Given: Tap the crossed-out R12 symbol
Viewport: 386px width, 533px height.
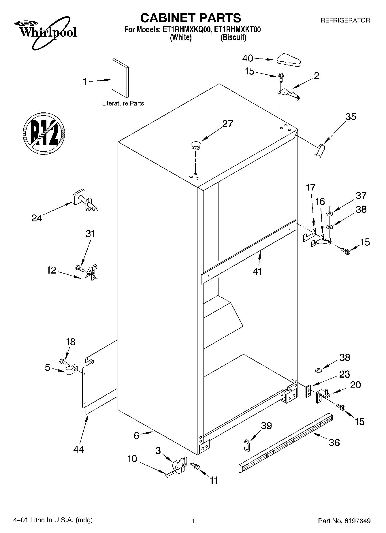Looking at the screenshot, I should click(x=44, y=133).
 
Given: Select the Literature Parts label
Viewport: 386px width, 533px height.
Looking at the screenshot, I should click(x=123, y=103).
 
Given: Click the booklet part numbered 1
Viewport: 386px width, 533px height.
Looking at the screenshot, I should click(x=120, y=78).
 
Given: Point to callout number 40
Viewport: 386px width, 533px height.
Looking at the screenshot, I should click(x=247, y=59).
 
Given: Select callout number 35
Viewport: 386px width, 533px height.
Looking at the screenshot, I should click(x=351, y=117).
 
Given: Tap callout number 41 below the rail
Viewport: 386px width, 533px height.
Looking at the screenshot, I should click(x=257, y=271).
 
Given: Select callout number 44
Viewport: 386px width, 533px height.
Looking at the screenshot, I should click(x=78, y=449).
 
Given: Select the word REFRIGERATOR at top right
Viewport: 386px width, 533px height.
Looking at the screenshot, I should click(x=345, y=20).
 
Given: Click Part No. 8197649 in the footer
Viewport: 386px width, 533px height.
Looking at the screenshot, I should click(x=344, y=521).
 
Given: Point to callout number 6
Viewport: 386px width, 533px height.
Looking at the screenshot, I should click(x=137, y=436).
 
